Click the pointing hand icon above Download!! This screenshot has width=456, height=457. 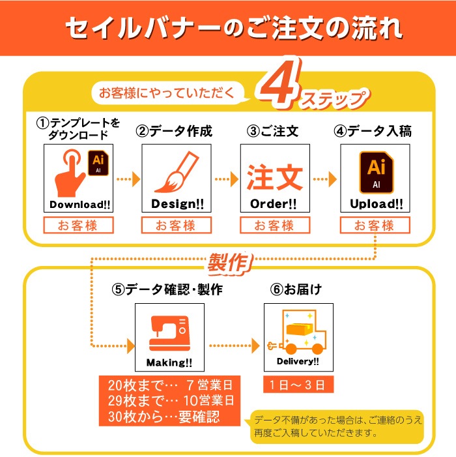70,173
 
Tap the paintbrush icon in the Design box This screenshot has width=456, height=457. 177,171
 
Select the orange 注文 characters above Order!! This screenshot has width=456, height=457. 275,177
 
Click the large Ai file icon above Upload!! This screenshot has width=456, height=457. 377,172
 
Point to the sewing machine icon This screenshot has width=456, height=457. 169,333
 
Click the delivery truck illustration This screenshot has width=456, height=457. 297,332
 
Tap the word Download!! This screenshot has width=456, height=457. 79,205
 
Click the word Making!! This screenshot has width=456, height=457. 169,363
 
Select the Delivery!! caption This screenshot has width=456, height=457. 298,361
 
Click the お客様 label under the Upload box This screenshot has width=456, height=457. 375,226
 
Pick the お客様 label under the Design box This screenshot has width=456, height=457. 177,226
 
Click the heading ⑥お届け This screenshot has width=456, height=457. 296,289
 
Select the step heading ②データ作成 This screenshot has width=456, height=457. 174,131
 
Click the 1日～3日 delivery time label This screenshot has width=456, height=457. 298,385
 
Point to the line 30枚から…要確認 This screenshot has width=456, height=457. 164,417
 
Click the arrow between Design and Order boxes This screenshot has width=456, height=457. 227,179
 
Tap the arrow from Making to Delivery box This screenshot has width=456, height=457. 234,346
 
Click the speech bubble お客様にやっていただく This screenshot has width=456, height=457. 168,93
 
